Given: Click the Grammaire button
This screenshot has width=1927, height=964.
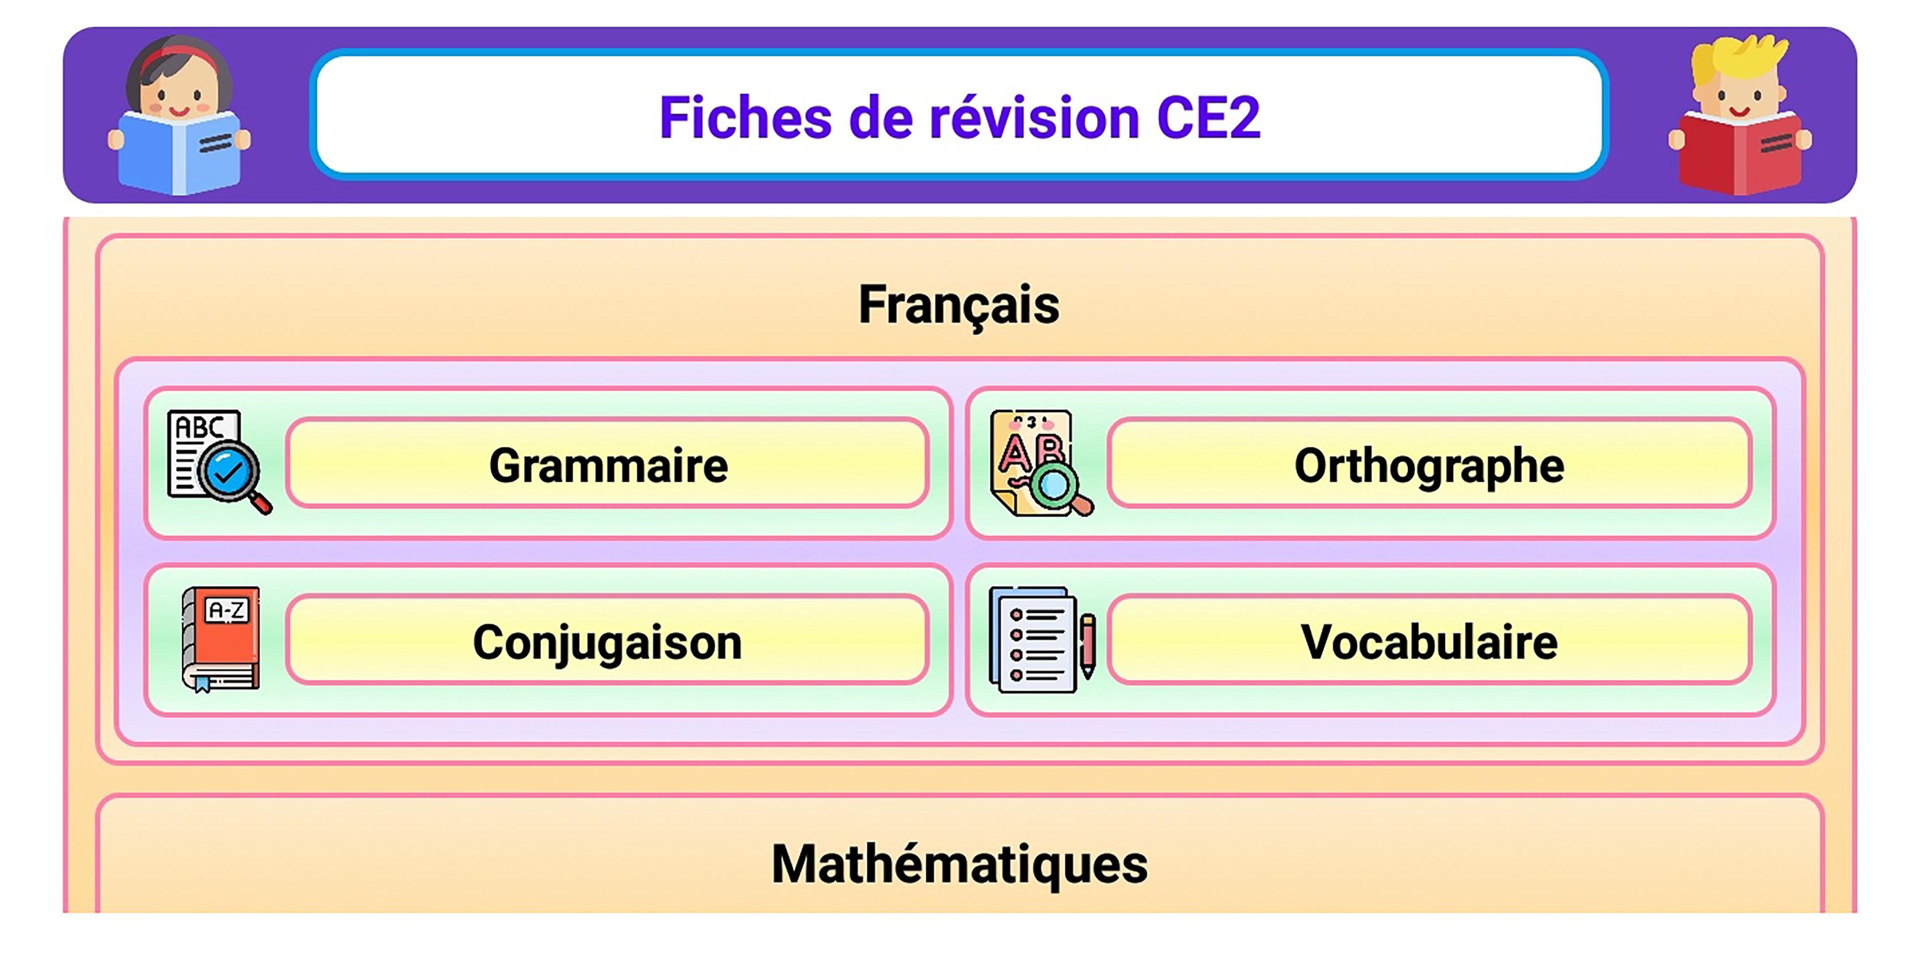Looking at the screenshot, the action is point(607,463).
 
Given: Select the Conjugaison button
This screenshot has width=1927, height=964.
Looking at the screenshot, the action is point(607,640).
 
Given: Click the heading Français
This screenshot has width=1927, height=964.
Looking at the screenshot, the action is point(959,305).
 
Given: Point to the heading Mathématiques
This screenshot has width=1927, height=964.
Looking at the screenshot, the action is point(959,865).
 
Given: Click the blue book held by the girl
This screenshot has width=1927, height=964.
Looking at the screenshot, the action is point(180,154).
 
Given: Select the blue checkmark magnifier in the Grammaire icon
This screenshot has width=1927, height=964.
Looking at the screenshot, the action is point(229,471).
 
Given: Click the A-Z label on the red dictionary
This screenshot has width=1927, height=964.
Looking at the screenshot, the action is point(227,611).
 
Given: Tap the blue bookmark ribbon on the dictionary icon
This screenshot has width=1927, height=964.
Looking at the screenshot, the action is point(202,683).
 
